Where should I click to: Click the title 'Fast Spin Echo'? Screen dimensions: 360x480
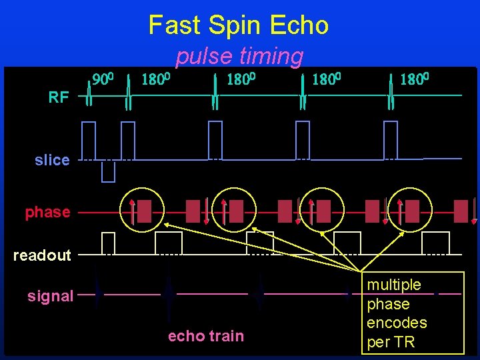(x=238, y=25)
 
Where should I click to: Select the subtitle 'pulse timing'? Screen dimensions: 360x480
(x=239, y=57)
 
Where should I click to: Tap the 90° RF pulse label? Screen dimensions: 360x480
(x=105, y=80)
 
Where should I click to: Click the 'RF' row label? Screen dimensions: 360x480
(x=59, y=98)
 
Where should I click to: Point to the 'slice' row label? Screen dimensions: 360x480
(x=52, y=160)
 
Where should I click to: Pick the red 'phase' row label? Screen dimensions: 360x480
(x=47, y=212)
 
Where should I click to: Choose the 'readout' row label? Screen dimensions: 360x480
(x=42, y=255)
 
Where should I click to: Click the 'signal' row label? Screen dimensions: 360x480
(x=50, y=296)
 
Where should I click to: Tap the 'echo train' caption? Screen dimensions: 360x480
(x=205, y=336)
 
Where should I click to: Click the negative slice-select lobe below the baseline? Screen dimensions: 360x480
(x=108, y=171)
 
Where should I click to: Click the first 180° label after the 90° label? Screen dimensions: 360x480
(x=157, y=80)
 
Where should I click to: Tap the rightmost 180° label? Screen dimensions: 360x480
(x=413, y=80)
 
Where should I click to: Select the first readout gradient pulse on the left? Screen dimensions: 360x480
(x=108, y=243)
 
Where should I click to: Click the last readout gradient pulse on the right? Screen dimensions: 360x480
(x=435, y=243)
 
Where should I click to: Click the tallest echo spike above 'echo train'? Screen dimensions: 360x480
(x=169, y=293)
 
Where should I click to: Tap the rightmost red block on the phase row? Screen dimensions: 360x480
(x=460, y=211)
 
